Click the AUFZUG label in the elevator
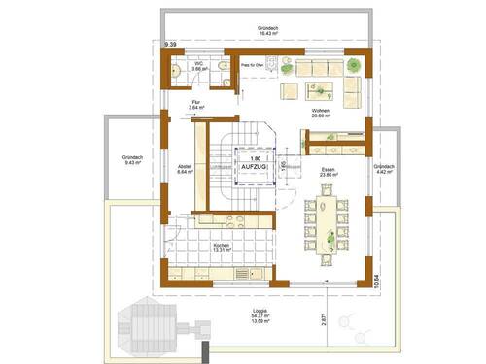[256, 167]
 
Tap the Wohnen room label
[321, 112]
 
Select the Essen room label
[329, 171]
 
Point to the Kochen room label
[222, 246]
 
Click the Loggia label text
[258, 312]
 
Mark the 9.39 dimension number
[171, 45]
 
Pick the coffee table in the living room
[293, 91]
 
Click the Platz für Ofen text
[255, 64]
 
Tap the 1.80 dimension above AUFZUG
[256, 157]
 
